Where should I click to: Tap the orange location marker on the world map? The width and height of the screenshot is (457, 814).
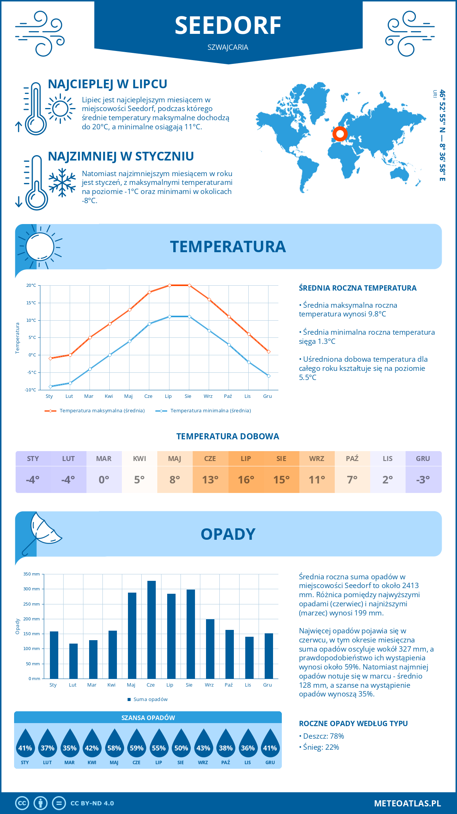point(340,134)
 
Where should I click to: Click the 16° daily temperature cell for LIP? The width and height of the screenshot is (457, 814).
point(246,479)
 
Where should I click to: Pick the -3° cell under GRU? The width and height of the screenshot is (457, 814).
point(423,479)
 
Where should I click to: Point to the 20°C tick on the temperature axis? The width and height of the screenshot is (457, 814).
point(31,285)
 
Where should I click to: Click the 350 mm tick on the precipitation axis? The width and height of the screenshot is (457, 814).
point(32,574)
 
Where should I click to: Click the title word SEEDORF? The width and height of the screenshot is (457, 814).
point(228,26)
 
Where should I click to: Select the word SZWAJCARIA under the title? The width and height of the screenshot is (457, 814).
point(228,47)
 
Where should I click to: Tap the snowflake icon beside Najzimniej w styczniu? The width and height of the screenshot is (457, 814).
point(62,183)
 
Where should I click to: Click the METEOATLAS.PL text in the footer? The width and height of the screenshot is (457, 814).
point(407,803)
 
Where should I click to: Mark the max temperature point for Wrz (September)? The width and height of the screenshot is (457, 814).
point(209,299)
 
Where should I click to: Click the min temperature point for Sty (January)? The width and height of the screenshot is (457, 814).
point(50,386)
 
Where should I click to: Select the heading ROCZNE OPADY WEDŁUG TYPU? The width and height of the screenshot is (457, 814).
point(353,723)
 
